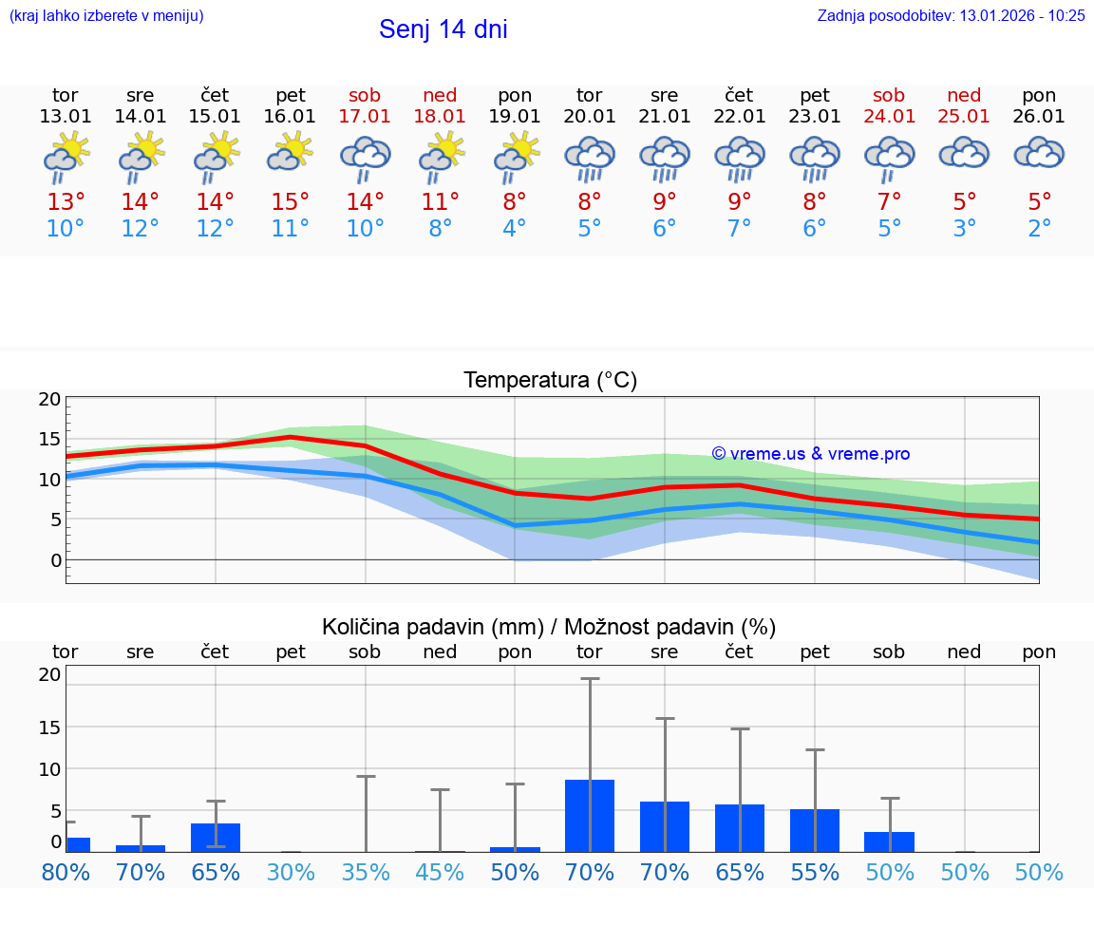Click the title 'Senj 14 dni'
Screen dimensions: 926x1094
pos(443,29)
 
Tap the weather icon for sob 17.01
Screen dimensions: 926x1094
pos(366,158)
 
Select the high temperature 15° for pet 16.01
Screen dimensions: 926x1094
pos(291,202)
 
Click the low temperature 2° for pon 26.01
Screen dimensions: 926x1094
pos(1039,229)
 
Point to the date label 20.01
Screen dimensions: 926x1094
pos(590,117)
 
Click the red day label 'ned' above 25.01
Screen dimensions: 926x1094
pos(964,96)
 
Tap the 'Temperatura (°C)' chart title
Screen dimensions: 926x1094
pos(550,381)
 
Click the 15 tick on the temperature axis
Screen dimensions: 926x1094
pos(49,439)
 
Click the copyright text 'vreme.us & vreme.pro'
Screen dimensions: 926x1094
pos(810,454)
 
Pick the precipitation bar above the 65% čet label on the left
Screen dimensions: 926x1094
pos(216,837)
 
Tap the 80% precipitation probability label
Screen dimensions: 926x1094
pos(66,872)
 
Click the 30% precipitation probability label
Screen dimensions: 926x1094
pos(291,872)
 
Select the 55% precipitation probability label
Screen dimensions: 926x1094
pos(815,872)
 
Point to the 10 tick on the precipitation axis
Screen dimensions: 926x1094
pos(49,768)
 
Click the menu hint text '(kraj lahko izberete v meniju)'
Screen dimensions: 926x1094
pos(105,16)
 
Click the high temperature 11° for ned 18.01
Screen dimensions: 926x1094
pos(441,202)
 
